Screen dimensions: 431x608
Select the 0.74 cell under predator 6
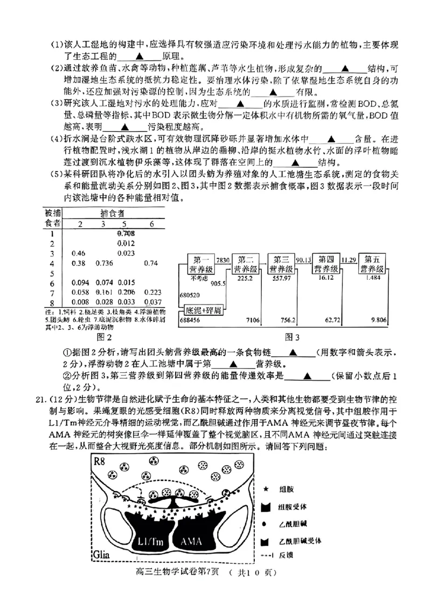coord(151,264)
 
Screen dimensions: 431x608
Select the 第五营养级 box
coord(372,264)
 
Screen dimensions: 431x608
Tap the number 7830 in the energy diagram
coord(223,259)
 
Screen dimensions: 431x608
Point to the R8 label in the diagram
coord(100,461)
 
